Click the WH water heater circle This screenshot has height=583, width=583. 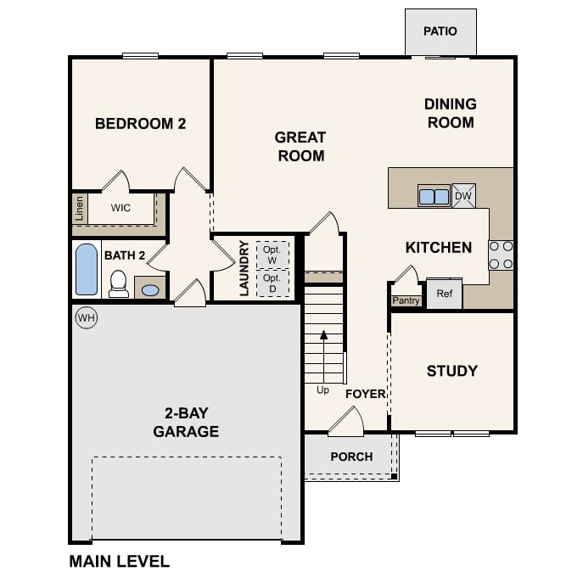[86, 317]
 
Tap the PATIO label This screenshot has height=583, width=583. [440, 31]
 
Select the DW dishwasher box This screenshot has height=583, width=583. [463, 196]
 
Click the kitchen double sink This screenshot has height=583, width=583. [434, 196]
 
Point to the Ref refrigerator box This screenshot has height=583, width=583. [444, 294]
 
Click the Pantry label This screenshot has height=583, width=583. [406, 300]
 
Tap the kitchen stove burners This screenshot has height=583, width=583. [501, 255]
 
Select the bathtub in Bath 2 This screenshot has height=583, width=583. [87, 269]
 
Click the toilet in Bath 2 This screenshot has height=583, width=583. [119, 283]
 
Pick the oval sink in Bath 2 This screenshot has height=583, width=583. [150, 290]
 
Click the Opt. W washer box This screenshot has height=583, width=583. [272, 255]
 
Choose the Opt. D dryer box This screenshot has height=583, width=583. [272, 283]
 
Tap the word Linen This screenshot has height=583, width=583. [80, 208]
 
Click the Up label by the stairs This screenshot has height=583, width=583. [323, 390]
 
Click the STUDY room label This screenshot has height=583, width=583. [451, 371]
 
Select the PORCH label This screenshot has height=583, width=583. [351, 457]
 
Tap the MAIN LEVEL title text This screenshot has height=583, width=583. [119, 561]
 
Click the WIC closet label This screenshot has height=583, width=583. [121, 208]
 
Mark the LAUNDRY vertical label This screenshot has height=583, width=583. [244, 268]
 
